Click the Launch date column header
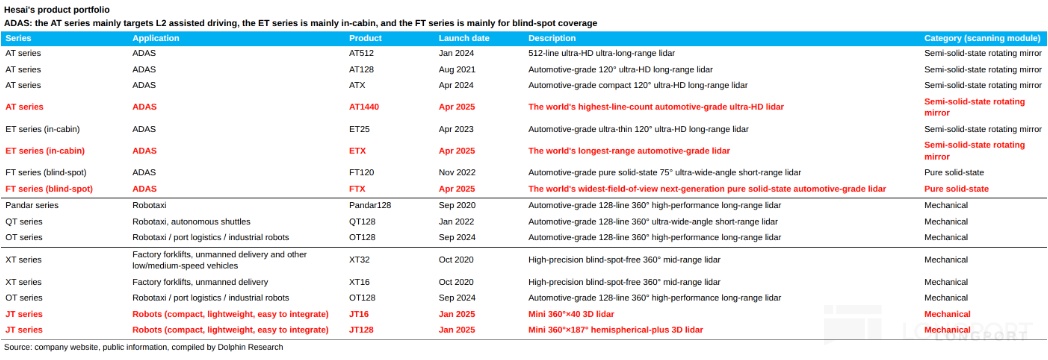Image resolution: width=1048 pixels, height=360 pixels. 464,39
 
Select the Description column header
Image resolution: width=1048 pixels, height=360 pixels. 552,39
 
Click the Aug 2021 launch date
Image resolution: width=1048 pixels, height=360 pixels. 456,69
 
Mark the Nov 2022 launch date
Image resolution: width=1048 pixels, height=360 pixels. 456,172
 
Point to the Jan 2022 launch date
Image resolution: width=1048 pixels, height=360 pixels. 456,222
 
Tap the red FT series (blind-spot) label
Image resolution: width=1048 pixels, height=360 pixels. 49,189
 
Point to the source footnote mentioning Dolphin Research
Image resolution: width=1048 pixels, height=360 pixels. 144,347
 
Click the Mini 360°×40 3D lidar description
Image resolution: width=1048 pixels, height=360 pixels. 571,314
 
